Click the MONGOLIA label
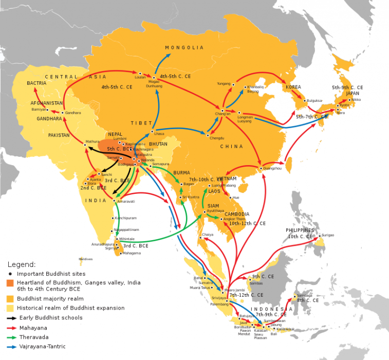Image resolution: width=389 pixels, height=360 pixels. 184,48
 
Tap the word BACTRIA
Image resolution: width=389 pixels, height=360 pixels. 37,83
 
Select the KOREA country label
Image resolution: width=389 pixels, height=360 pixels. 293,87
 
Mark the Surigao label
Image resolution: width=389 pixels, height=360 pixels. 327,235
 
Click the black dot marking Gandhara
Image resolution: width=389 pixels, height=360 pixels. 63,113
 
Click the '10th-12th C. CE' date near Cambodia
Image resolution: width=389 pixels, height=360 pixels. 247,224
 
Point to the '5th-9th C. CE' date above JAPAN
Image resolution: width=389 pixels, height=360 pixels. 347,88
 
